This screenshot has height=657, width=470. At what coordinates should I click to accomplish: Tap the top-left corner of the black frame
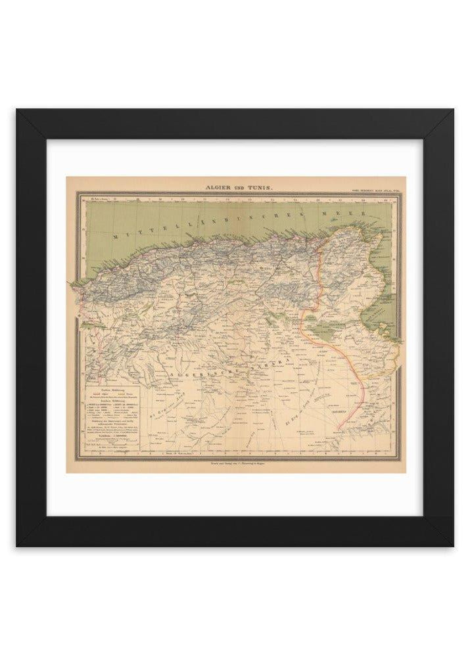[x=18, y=110]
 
